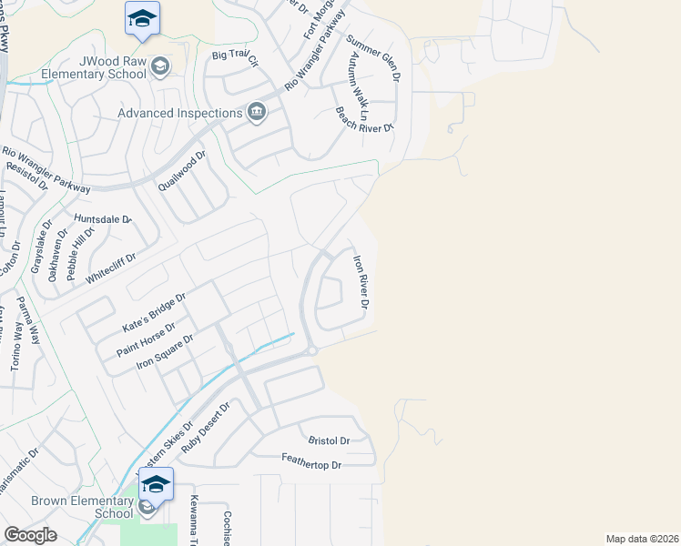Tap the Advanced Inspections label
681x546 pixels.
[179, 113]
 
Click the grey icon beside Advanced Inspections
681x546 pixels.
[257, 112]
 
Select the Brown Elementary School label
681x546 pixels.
[70, 507]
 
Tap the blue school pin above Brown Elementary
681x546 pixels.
[156, 485]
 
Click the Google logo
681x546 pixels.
[30, 535]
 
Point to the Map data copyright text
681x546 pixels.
[642, 539]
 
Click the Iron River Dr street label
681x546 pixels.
[360, 282]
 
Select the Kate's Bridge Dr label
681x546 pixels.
[153, 310]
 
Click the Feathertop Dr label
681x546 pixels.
[310, 464]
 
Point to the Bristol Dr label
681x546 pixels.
[329, 440]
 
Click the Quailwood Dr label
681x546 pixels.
[182, 171]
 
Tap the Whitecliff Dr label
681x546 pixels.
[110, 269]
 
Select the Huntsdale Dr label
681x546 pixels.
[103, 219]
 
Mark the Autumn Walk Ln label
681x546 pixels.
[355, 86]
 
